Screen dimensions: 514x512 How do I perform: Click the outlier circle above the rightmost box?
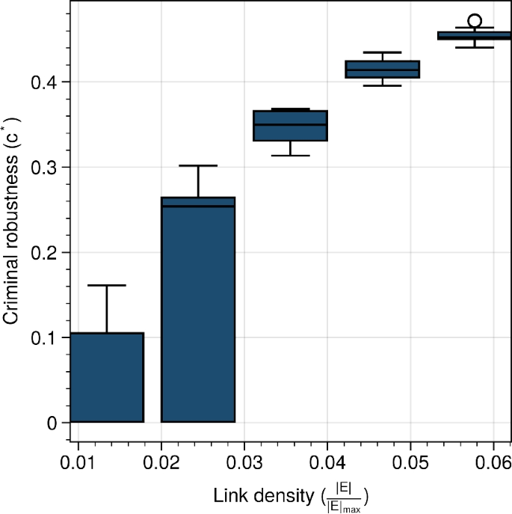click(474, 21)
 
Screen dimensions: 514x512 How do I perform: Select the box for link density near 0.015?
click(107, 377)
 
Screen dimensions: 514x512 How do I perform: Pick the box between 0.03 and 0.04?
click(290, 126)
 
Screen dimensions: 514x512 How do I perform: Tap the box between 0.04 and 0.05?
click(382, 69)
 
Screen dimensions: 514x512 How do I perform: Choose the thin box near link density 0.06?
click(474, 35)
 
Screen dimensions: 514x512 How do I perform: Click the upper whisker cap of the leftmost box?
click(107, 285)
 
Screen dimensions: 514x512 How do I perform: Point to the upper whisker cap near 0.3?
click(198, 165)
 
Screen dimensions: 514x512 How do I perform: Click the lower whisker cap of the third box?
click(290, 156)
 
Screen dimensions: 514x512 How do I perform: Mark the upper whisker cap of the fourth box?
click(382, 52)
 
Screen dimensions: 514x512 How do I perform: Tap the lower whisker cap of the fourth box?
click(382, 85)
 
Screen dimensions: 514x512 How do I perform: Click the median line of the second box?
click(198, 206)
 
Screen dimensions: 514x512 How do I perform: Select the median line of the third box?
click(290, 124)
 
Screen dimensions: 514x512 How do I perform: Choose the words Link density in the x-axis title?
click(253, 495)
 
